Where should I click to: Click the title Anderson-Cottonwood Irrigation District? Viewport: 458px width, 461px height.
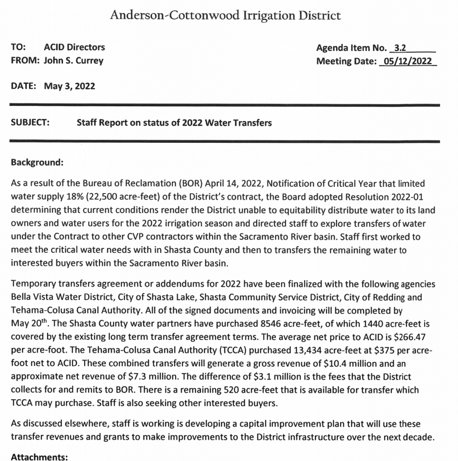[x=225, y=16]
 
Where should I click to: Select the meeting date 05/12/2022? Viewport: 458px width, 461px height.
[x=407, y=61]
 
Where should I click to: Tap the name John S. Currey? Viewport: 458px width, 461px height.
[x=73, y=60]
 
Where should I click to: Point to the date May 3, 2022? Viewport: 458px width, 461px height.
[x=69, y=86]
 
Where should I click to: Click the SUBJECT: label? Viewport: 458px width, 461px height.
[x=30, y=122]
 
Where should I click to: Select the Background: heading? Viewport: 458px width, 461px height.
[x=36, y=162]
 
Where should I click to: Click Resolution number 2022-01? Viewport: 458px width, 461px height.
[x=403, y=197]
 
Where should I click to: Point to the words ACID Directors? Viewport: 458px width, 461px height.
[x=74, y=47]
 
